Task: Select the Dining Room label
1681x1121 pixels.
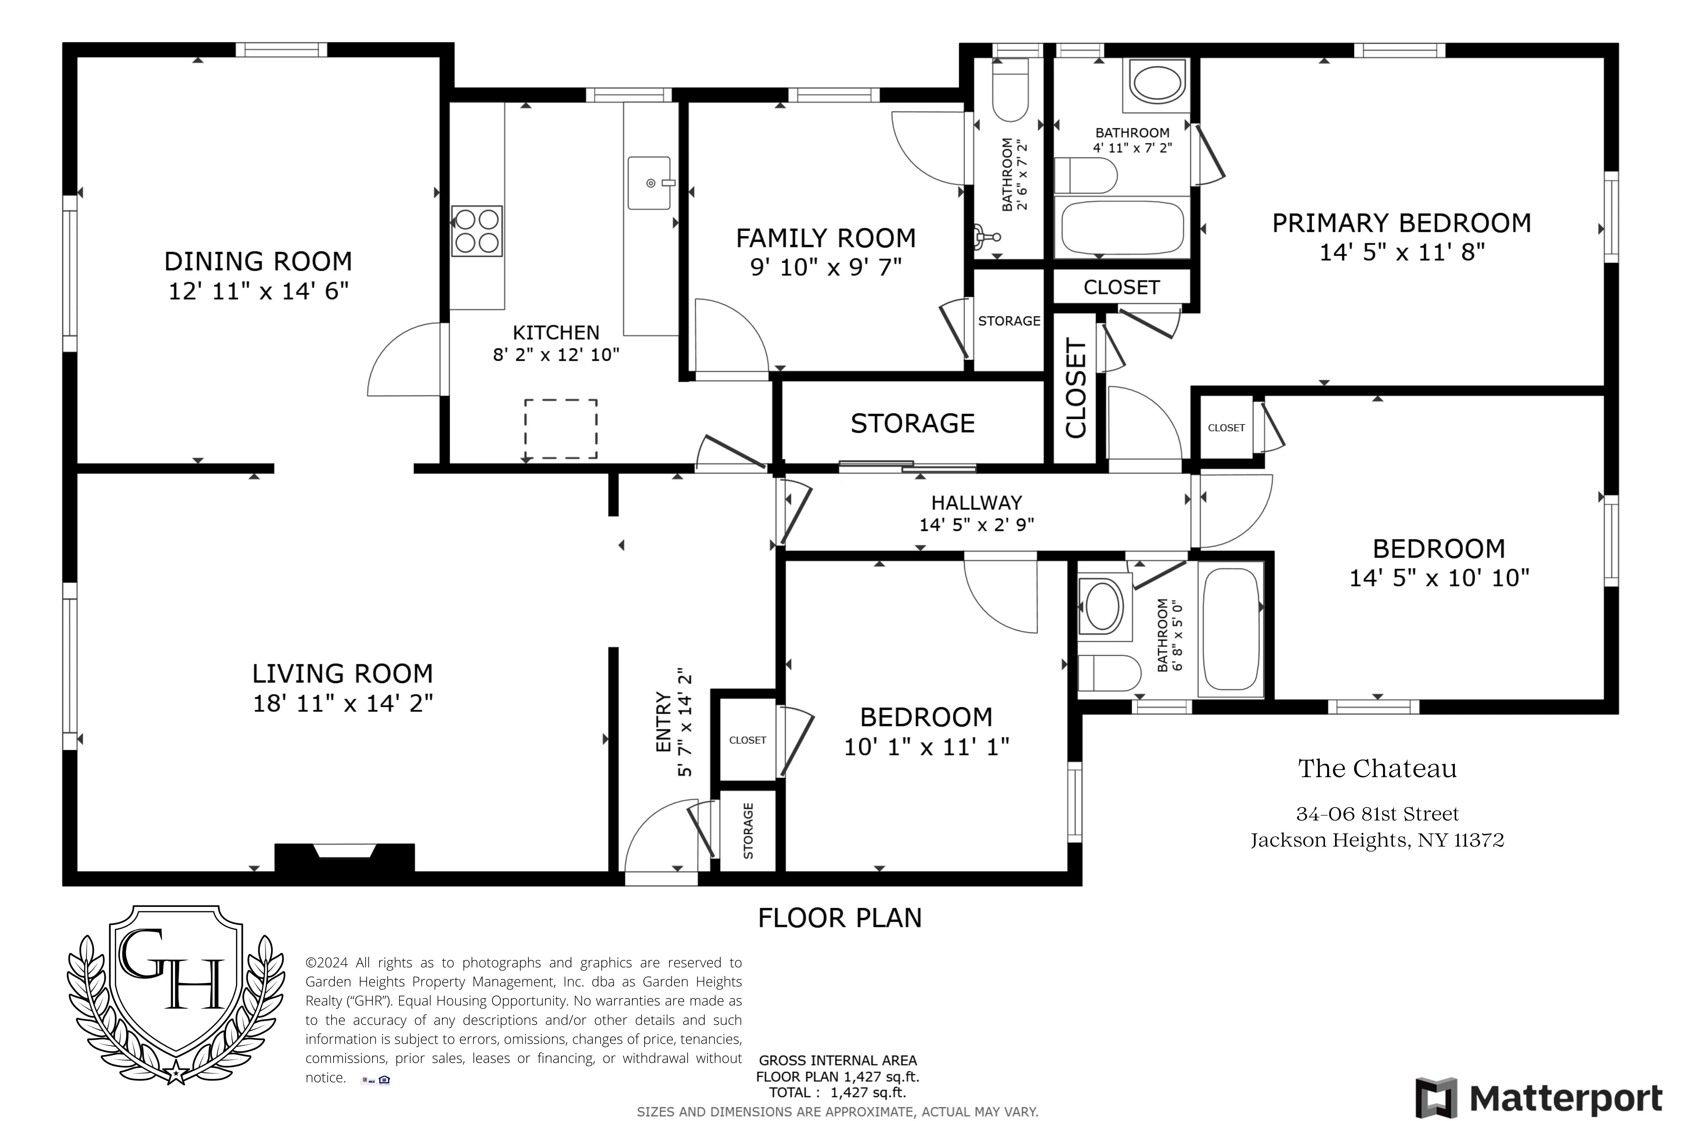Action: click(x=258, y=262)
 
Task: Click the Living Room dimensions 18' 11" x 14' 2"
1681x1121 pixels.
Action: click(x=343, y=703)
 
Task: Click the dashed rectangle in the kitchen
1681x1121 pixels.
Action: click(x=561, y=429)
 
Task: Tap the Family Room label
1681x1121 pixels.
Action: click(x=825, y=238)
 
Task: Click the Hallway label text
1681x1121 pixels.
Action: click(x=976, y=503)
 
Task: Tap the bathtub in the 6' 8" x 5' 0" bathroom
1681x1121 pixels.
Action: click(x=1231, y=629)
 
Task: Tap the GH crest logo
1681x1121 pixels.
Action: click(x=176, y=994)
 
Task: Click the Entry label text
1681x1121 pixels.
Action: click(x=663, y=722)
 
